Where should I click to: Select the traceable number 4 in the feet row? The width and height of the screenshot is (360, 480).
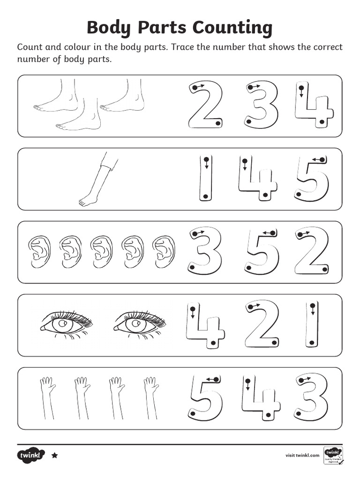314,106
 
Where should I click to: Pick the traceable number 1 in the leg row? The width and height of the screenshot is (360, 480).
205,179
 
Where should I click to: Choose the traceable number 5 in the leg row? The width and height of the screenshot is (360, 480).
312,179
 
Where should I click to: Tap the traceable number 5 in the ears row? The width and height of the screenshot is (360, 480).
262,252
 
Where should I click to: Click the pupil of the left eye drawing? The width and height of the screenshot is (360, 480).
62,324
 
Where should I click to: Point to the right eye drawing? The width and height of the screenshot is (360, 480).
139,323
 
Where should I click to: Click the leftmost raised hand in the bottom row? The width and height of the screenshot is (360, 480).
46,397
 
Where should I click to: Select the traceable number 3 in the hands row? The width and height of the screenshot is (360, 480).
311,397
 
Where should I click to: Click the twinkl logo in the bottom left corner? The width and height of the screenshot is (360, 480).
31,455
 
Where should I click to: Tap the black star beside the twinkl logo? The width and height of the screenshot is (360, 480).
54,455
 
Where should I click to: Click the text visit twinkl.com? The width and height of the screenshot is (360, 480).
302,455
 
